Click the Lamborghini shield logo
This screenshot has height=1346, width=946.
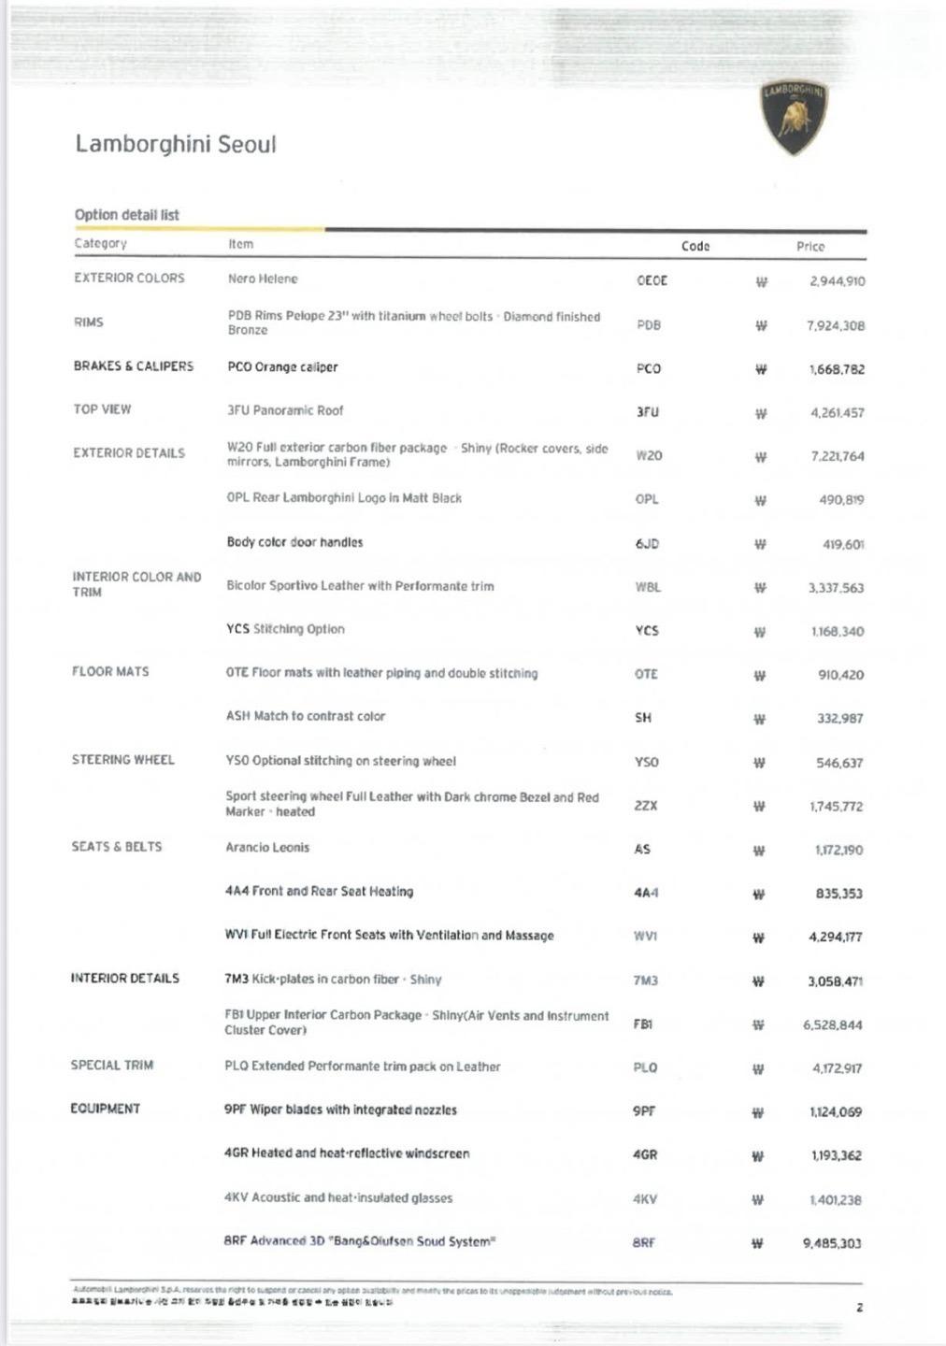pos(795,118)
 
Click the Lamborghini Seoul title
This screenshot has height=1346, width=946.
pos(176,144)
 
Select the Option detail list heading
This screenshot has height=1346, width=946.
pos(127,215)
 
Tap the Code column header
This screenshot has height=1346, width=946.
pos(695,246)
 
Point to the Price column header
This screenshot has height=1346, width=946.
pos(810,247)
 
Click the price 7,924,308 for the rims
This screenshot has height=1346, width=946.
pos(836,325)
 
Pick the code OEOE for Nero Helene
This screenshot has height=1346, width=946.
pos(652,280)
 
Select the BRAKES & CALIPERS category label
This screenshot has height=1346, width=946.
pos(134,366)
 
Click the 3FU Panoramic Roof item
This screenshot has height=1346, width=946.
pos(285,410)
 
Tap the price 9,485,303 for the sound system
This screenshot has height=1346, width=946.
pos(832,1243)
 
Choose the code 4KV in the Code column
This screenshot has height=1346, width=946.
pos(645,1198)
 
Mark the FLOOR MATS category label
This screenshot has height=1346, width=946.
pos(110,671)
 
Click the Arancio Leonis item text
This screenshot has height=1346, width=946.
pos(267,848)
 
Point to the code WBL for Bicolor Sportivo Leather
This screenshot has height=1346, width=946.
pos(648,587)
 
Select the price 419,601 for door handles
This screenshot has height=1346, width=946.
pos(843,544)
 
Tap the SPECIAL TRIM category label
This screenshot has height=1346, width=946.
pos(112,1066)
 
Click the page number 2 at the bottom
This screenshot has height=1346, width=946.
pos(860,1308)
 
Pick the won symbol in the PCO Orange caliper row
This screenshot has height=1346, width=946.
pos(761,369)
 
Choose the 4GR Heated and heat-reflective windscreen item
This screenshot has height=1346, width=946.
pos(347,1153)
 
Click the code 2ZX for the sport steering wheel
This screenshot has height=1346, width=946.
pos(646,805)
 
